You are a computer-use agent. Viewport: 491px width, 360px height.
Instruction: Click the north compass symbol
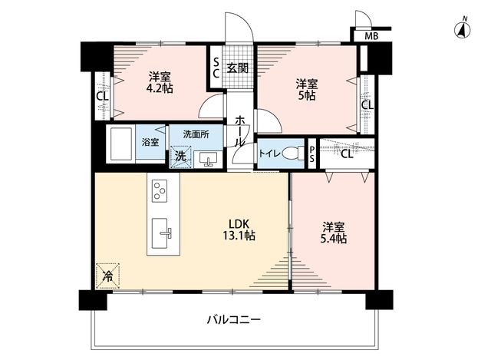tap(463, 29)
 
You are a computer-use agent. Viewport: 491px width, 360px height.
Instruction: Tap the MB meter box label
tap(371, 36)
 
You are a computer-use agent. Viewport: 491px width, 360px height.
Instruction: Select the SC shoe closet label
tap(216, 68)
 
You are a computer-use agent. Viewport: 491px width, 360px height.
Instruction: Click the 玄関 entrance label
tap(238, 68)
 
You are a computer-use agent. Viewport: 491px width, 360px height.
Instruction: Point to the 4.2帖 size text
tap(160, 89)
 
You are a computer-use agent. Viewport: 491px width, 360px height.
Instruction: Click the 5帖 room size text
tap(307, 95)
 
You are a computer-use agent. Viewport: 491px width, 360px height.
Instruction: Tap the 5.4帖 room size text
tap(334, 239)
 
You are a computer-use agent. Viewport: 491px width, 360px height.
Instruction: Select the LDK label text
tap(239, 223)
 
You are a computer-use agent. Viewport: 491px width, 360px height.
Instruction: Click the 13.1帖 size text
tap(239, 236)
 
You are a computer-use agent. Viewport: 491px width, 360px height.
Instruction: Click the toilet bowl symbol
tap(293, 154)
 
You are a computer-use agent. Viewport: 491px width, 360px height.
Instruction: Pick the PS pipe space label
tap(312, 154)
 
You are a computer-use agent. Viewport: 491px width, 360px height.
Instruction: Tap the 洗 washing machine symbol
tap(180, 157)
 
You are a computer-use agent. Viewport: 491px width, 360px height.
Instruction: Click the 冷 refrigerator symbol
tap(108, 276)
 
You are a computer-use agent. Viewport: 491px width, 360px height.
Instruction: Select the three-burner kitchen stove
tap(160, 191)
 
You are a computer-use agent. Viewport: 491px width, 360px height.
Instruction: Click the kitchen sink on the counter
tap(162, 233)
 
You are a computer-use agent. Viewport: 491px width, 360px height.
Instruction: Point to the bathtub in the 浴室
tap(120, 144)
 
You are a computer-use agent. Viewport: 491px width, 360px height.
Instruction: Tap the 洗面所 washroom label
tap(196, 134)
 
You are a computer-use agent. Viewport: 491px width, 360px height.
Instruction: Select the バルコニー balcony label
tap(234, 320)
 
